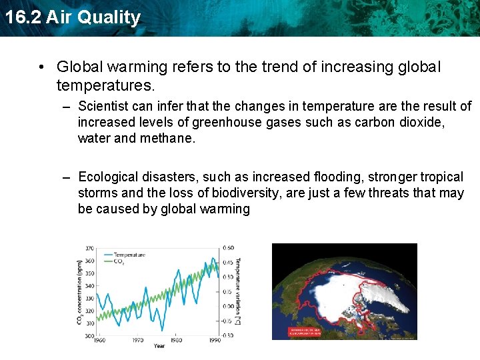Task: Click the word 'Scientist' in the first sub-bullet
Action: pos(103,106)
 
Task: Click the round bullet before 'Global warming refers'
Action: pos(41,67)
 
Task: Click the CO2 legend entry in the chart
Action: pos(120,261)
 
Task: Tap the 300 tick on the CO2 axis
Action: pos(89,336)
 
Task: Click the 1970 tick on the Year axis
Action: pos(138,341)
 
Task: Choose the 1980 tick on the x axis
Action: pos(177,341)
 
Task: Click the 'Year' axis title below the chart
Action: pos(159,347)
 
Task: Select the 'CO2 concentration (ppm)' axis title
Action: pos(80,292)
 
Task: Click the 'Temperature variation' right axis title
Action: pos(238,292)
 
